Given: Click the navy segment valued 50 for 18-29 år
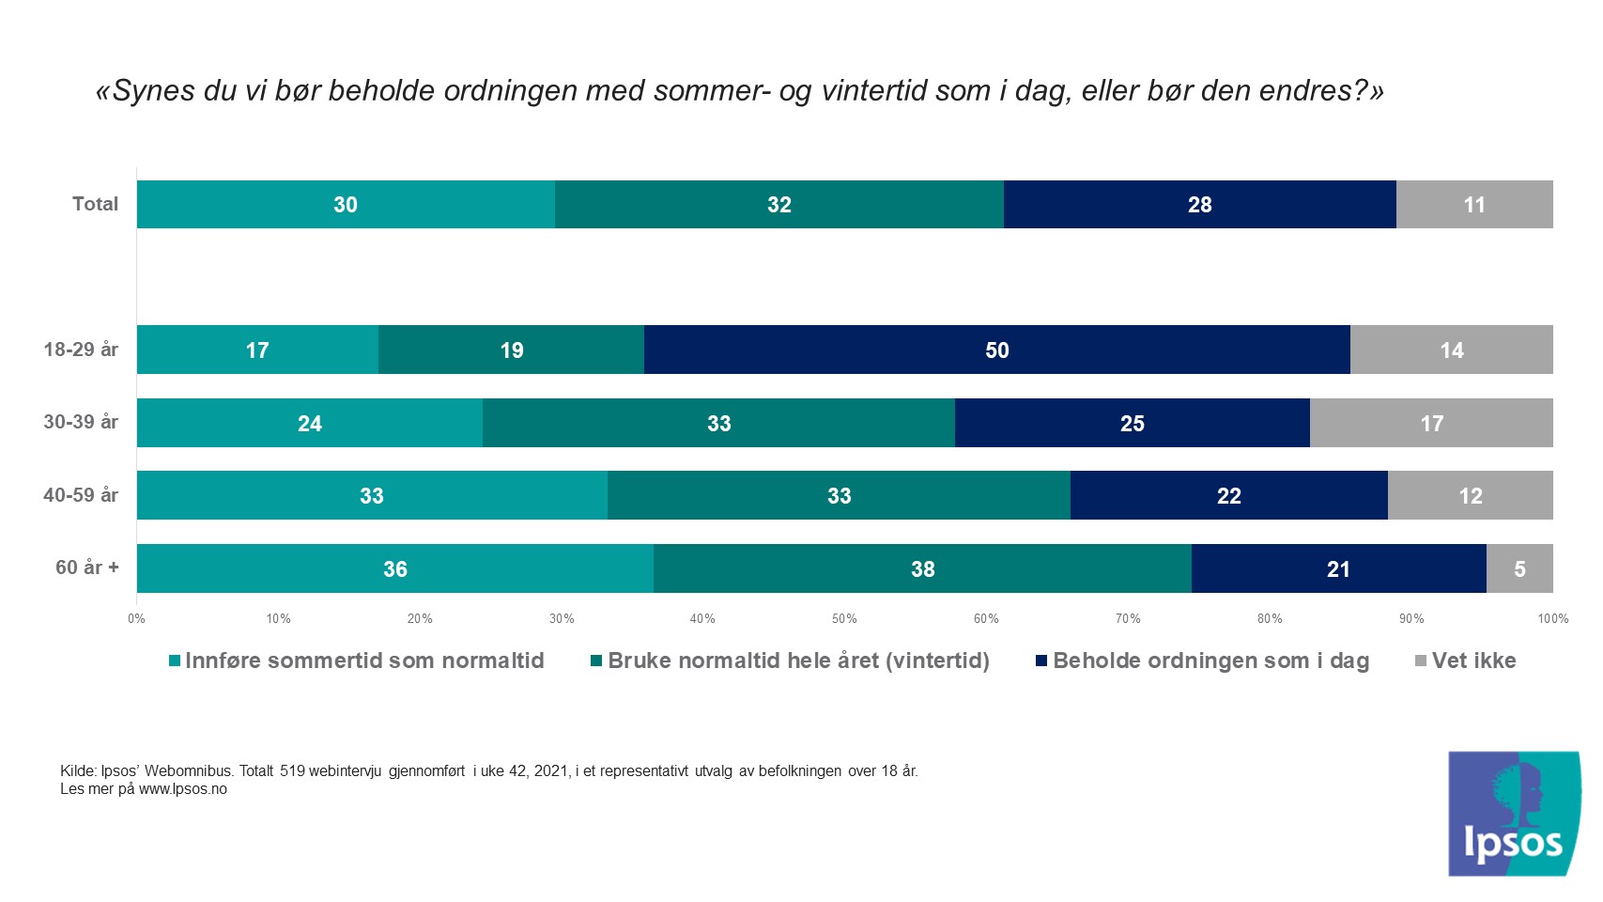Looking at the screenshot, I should [996, 350].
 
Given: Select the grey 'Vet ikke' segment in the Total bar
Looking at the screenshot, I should [1473, 205].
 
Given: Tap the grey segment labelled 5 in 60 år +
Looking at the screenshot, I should [1518, 568].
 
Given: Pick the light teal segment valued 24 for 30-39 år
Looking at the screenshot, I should [310, 423].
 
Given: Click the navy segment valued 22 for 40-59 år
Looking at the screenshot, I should [1228, 495].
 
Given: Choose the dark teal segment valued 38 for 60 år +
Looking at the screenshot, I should [922, 568].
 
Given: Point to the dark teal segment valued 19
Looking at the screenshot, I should [511, 350].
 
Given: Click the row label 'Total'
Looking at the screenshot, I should [95, 204].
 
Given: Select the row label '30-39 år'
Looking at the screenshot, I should [81, 422].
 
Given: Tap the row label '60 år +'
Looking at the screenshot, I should [87, 568].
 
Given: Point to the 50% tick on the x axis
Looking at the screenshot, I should [844, 618].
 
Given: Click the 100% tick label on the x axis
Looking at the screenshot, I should [1552, 618].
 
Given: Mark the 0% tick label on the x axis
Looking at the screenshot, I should [137, 618].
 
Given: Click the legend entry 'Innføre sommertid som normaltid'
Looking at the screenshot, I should [364, 661].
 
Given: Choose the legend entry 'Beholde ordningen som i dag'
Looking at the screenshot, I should [1210, 661].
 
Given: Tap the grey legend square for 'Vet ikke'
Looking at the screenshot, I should [1421, 661].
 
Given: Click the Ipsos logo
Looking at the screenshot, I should [1514, 814].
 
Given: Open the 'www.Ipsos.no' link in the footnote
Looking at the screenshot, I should [183, 789].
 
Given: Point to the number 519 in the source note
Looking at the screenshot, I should [292, 771].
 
